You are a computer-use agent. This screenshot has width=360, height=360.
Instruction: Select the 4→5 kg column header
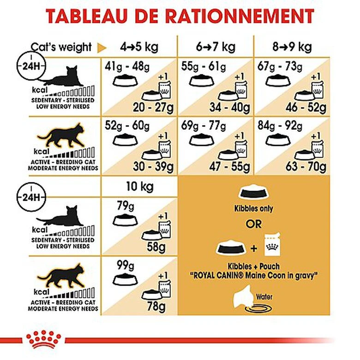[x=139, y=47]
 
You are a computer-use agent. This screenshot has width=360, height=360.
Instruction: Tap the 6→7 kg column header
[x=215, y=47]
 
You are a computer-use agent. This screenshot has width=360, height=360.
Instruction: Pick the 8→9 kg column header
[x=292, y=47]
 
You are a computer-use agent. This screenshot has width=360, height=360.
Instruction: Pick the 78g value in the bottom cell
[x=156, y=306]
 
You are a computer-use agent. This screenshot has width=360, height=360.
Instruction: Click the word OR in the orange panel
[x=253, y=224]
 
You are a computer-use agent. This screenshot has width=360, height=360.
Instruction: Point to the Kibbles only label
[x=253, y=209]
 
